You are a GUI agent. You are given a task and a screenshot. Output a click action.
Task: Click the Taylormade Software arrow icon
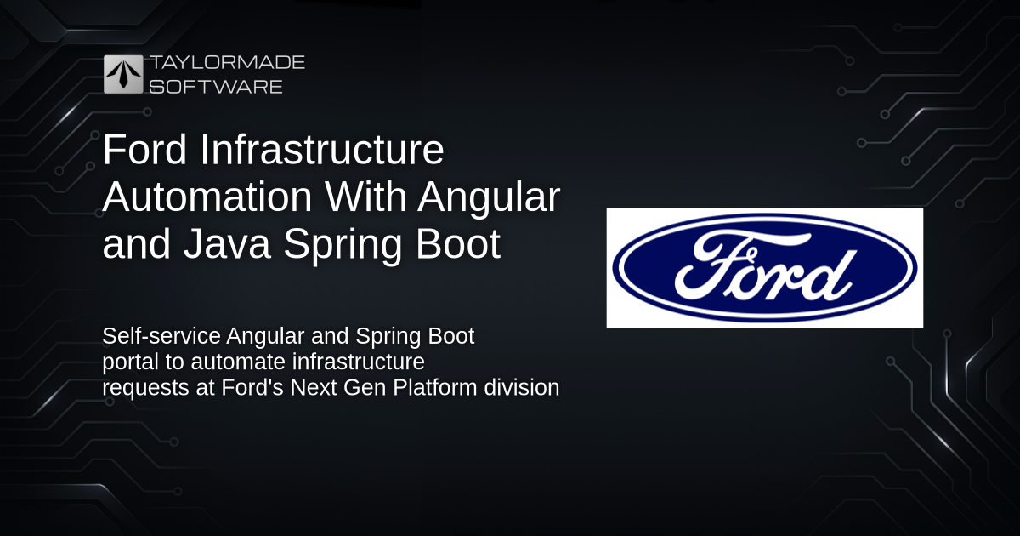point(123,74)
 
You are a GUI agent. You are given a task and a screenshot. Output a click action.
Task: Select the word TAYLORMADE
point(228,62)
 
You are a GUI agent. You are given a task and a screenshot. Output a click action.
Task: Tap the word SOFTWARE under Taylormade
point(216,87)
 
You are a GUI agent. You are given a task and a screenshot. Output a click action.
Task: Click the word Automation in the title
point(207,197)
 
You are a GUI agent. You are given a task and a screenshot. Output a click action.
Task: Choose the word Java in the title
point(227,243)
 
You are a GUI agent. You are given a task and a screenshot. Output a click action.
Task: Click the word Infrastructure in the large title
point(322,149)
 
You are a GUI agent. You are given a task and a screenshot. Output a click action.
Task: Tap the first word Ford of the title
point(144,149)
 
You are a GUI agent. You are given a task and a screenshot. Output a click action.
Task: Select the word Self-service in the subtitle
point(161,336)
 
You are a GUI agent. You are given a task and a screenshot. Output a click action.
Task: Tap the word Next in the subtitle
point(314,387)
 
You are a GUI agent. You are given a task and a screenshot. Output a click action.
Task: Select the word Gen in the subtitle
point(365,387)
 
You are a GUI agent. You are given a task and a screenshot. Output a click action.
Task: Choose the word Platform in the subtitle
point(434,387)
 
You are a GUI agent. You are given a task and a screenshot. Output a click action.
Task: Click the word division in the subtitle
point(522,387)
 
